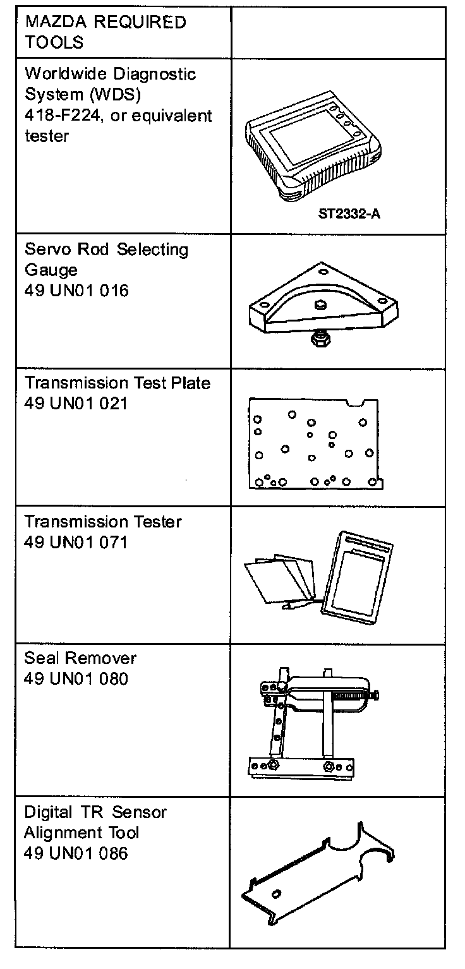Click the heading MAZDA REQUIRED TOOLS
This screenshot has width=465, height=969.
tap(106, 32)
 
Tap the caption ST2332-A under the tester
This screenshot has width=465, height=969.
tap(349, 213)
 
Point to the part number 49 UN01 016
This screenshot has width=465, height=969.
tap(76, 291)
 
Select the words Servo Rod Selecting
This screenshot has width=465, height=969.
tap(106, 250)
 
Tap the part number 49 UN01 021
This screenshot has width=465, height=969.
tap(76, 402)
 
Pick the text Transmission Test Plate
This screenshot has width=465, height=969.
tap(118, 383)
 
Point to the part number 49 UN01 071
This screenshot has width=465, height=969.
tap(76, 541)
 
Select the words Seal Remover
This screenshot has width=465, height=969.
tap(80, 658)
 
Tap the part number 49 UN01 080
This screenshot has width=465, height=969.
tap(76, 679)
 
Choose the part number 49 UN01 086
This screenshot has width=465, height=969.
tap(76, 853)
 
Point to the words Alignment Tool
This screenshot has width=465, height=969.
tap(82, 833)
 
